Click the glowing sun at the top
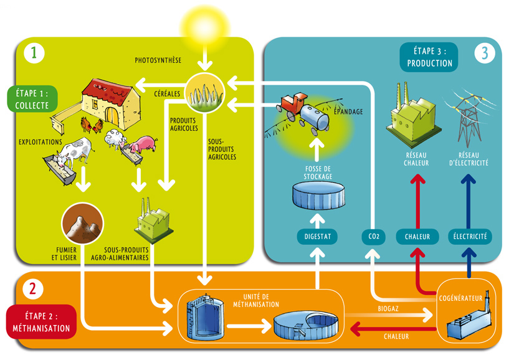204,26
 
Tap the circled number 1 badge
34,53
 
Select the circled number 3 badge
485,54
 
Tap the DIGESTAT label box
317,237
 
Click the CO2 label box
373,237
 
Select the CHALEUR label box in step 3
417,237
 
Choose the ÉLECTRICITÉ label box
470,237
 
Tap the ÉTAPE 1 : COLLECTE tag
32,99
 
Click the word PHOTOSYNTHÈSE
158,60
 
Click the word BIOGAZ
389,308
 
